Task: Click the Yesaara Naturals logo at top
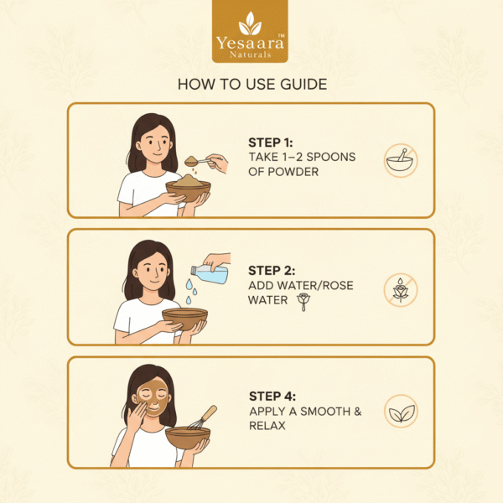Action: [x=250, y=31]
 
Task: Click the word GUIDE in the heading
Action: [x=303, y=85]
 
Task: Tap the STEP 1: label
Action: [x=271, y=143]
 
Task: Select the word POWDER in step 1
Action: [x=293, y=172]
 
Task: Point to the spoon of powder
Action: [x=198, y=161]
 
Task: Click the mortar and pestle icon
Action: [x=401, y=160]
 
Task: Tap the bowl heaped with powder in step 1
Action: [x=188, y=189]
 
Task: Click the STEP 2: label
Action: [x=272, y=271]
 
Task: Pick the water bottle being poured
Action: [x=210, y=274]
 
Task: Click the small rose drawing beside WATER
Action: [x=303, y=302]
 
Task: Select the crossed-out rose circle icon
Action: [x=401, y=290]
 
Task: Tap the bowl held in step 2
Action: [x=184, y=319]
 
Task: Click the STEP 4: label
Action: [x=272, y=397]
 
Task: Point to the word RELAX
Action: [x=267, y=426]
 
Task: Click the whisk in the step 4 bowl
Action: [x=202, y=417]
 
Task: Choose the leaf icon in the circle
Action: [x=401, y=412]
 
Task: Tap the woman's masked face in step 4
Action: [x=153, y=397]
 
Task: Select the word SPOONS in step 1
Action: [x=331, y=157]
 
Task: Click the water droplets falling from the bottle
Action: [x=191, y=291]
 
